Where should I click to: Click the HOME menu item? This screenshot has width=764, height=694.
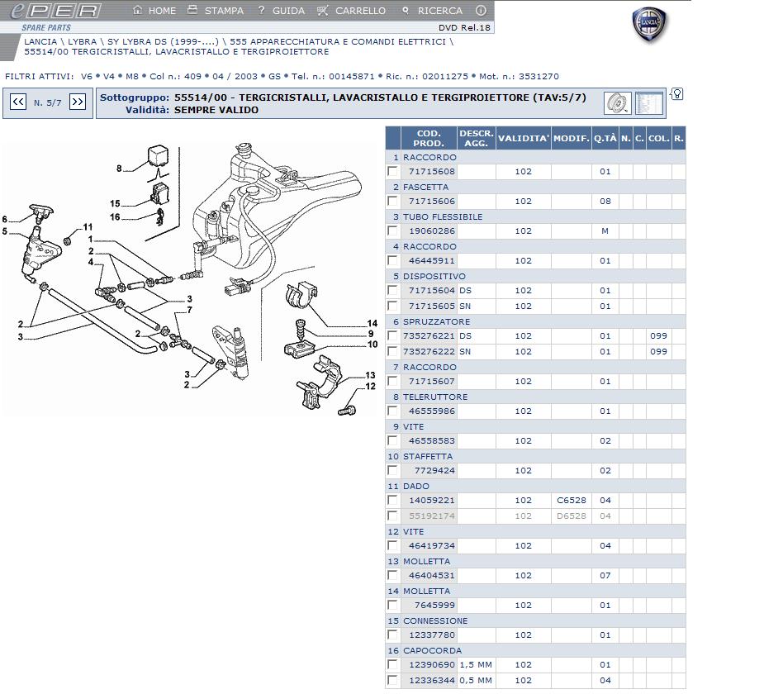[155, 11]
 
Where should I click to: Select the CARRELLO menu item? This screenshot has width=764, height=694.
[353, 11]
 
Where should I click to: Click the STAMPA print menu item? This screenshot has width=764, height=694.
[216, 11]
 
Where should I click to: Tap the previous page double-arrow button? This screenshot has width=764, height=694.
[18, 102]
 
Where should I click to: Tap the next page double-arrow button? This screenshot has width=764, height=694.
[78, 102]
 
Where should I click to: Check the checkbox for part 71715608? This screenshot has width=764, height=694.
[393, 172]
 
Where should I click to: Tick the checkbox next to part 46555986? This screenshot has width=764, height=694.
[393, 411]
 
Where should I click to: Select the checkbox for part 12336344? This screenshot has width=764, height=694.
[393, 681]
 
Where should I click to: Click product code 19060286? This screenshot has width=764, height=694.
[432, 231]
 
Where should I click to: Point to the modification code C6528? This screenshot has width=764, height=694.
[572, 501]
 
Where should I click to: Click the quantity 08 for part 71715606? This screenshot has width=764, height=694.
[605, 202]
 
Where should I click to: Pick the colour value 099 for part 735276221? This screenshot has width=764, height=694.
[658, 336]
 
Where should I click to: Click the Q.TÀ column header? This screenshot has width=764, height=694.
[605, 138]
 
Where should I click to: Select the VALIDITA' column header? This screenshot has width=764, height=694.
[524, 138]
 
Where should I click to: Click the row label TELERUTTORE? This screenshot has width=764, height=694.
[435, 397]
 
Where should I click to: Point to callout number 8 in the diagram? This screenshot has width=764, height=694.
[119, 169]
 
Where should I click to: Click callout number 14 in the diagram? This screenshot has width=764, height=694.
[373, 323]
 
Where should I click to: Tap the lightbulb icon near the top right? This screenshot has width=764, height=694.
[677, 94]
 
